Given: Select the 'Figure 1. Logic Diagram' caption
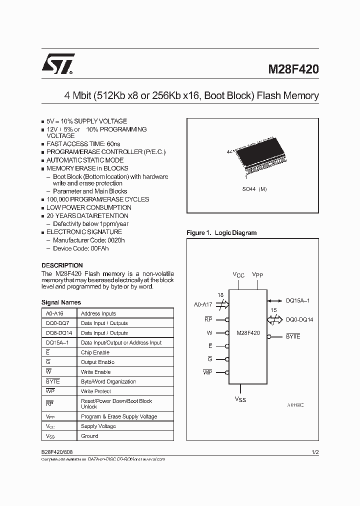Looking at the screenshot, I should point(221,233).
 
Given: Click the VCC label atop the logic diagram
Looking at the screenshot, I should point(238,275).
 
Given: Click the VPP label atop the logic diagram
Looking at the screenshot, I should point(258,275).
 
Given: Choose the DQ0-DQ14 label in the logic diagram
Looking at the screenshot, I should point(299,319).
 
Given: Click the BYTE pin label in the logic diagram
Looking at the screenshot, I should point(293,336).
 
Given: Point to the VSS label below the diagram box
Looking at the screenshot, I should point(240,399).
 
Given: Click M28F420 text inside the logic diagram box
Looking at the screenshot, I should point(247,332).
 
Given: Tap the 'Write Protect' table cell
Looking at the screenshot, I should point(96,391).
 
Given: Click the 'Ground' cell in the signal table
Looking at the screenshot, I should point(89,436).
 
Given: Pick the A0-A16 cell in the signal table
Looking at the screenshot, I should point(54,313).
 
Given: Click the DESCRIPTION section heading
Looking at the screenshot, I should point(62,265).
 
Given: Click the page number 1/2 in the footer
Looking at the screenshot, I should point(314,452).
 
